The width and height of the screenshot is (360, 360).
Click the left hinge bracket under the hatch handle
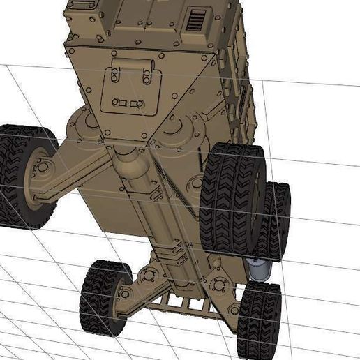(114, 77)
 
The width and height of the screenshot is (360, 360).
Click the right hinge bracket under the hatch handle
(146, 77)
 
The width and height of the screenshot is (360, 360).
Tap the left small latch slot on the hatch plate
(119, 103)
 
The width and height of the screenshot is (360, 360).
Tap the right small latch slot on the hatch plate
(138, 103)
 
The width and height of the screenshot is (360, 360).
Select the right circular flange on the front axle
(218, 283)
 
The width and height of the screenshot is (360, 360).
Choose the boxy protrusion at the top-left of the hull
(87, 17)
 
